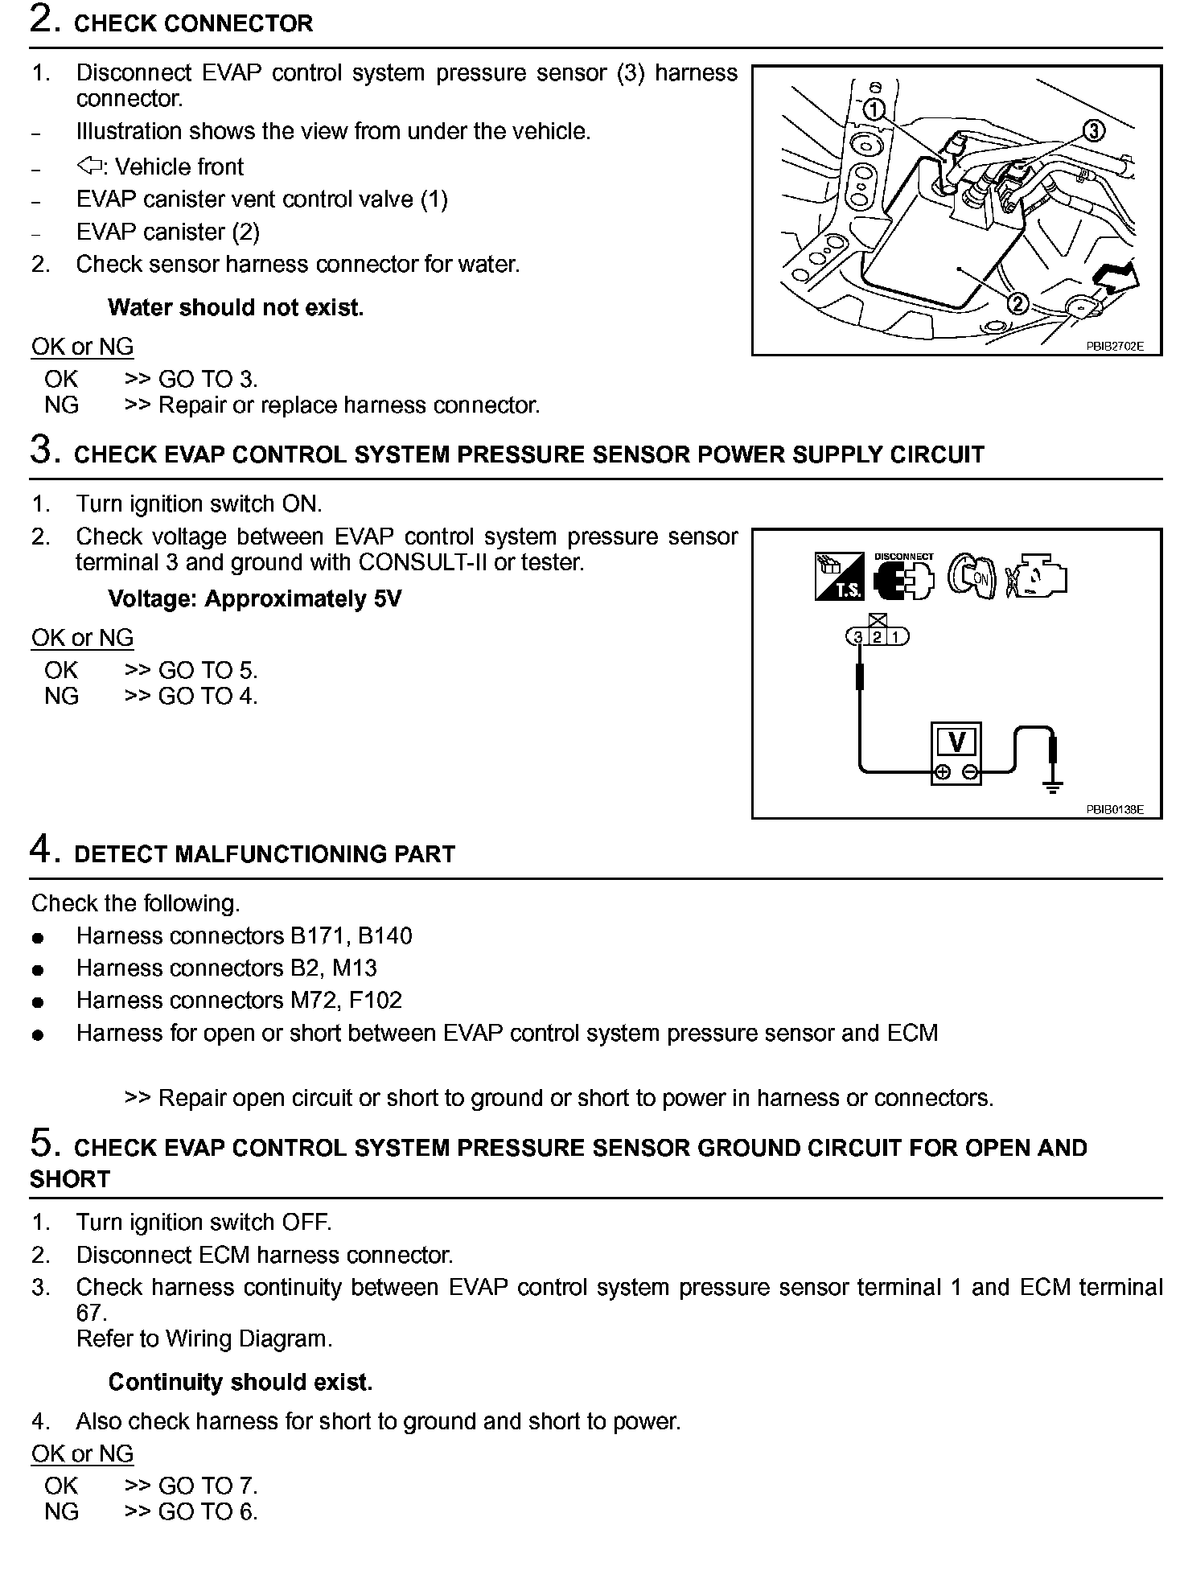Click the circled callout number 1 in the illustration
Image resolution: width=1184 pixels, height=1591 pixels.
click(x=875, y=109)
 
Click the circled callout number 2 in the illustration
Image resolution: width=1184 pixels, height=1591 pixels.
click(x=1017, y=304)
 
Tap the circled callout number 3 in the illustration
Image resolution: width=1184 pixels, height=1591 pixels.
click(x=1093, y=130)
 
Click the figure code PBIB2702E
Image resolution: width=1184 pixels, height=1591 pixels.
click(x=1114, y=347)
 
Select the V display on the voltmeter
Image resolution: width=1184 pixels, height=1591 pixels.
click(x=956, y=742)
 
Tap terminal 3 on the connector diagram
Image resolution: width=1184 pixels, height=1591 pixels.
click(x=858, y=637)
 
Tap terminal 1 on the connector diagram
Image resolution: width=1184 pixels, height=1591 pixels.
click(x=896, y=637)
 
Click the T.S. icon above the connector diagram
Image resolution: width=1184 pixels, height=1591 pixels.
click(x=839, y=576)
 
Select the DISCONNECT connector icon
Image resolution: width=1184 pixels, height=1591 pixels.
click(x=903, y=577)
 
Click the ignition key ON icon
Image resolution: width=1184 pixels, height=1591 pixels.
click(x=971, y=576)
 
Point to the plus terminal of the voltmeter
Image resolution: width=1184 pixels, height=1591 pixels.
click(x=942, y=773)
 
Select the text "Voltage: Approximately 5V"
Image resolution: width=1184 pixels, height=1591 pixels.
click(x=254, y=599)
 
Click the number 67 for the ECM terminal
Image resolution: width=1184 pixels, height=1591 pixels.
click(x=91, y=1313)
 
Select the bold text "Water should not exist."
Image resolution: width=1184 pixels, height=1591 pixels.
click(x=236, y=308)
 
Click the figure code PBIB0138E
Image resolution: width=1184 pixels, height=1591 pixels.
click(x=1114, y=810)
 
